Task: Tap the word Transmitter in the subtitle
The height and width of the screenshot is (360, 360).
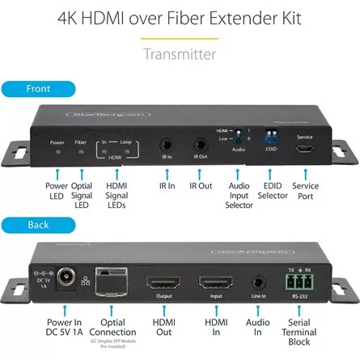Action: coord(180,54)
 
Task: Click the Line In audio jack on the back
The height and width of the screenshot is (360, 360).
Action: coord(259,284)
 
